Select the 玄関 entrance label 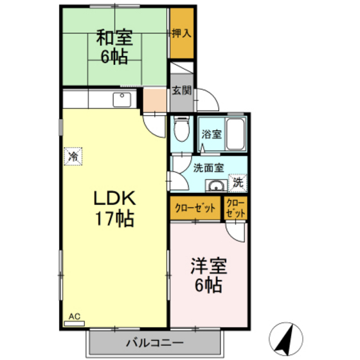181,90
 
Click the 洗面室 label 208,169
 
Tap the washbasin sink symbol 216,186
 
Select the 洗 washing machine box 237,183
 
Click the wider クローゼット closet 195,209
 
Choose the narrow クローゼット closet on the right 235,208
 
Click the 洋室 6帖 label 207,274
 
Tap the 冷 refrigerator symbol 74,156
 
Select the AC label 74,316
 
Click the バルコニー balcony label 154,342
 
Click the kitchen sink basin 122,100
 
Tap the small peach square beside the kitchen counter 154,100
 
